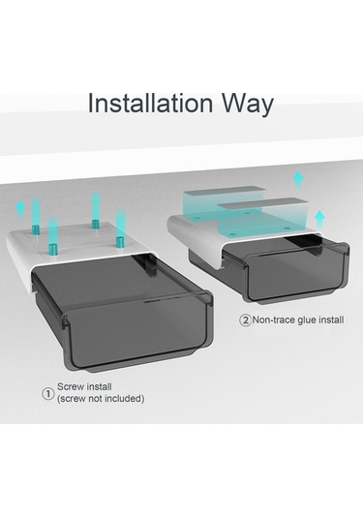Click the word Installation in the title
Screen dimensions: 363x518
click(151, 104)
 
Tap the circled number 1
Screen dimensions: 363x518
click(48, 393)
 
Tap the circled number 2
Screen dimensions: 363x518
click(245, 320)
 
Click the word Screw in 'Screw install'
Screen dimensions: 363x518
click(71, 386)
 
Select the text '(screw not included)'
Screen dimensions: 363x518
click(101, 399)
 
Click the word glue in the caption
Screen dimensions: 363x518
click(307, 320)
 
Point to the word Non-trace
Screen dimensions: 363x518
click(274, 320)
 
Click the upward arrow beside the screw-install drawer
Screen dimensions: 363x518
click(20, 209)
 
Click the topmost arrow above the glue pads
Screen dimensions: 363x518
click(298, 179)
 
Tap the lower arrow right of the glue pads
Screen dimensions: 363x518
click(319, 219)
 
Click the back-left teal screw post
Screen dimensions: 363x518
click(36, 214)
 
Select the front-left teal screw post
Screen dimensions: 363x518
click(52, 235)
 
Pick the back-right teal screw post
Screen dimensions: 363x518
click(96, 209)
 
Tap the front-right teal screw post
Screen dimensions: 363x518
click(120, 229)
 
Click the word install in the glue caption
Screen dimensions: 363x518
click(331, 320)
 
